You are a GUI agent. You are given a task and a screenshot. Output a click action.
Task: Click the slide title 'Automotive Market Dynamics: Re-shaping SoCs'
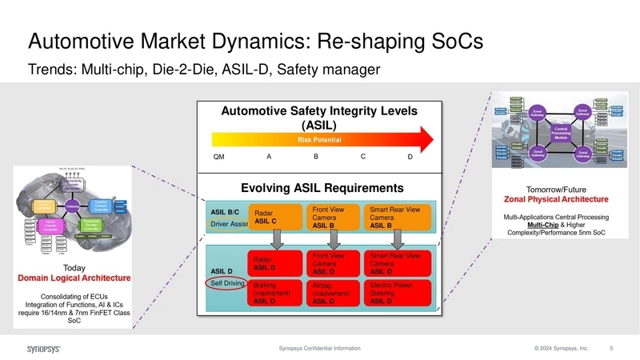tap(254, 41)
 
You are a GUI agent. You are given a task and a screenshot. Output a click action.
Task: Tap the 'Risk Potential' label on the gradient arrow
tap(320, 140)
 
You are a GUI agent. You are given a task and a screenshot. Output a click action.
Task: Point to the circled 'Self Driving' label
tap(226, 283)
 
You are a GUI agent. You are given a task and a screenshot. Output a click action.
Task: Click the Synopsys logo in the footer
tap(46, 349)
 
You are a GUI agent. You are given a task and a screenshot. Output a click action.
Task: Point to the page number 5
tap(611, 349)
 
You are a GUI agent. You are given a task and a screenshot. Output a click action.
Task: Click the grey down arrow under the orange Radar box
tap(275, 238)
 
